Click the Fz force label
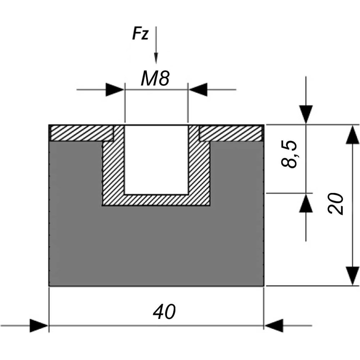tap(140, 33)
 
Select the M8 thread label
tap(155, 78)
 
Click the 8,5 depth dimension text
tap(289, 154)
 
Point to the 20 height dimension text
tap(336, 204)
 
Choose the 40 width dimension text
tap(164, 312)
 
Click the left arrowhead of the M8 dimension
tap(115, 90)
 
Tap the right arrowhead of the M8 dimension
tap(198, 90)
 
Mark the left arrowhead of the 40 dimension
tap(39, 325)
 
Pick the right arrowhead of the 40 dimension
tap(274, 325)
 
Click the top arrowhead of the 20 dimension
tap(352, 135)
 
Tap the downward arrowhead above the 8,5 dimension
tap(306, 114)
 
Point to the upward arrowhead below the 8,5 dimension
tap(306, 203)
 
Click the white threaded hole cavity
tap(156, 160)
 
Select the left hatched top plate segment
tap(82, 133)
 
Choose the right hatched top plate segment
tap(231, 133)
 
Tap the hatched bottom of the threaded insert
tap(156, 200)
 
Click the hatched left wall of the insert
tap(113, 165)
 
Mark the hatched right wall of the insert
tap(199, 165)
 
